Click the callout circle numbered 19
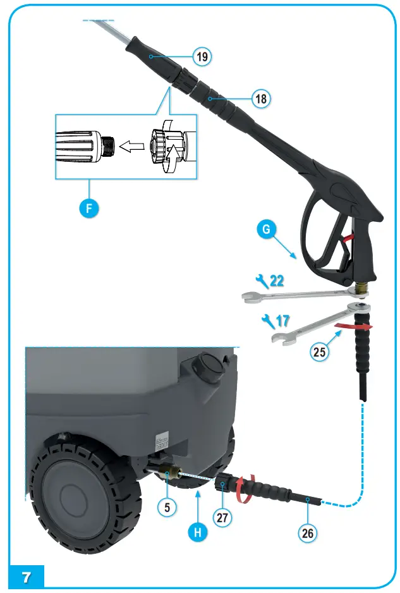click(202, 57)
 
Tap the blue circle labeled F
click(89, 207)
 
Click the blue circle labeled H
click(198, 532)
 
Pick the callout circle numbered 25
click(320, 352)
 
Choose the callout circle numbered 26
click(307, 532)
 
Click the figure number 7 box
click(27, 577)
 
